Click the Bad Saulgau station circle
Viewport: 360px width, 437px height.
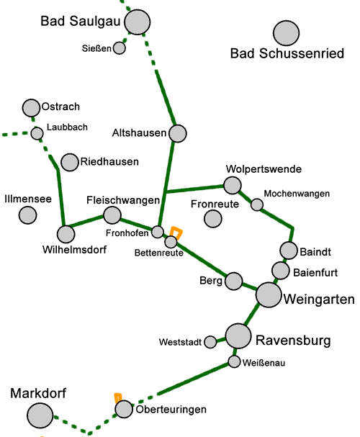(138, 22)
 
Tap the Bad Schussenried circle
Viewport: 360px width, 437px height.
(287, 33)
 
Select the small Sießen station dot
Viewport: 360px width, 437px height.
(120, 48)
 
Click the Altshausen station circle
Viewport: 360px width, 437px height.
(177, 133)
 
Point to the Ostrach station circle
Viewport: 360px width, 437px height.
(31, 108)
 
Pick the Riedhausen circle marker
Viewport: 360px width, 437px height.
(69, 162)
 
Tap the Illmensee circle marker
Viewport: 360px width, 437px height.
(27, 215)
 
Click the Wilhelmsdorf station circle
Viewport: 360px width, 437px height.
(66, 234)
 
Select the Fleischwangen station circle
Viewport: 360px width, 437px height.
(112, 215)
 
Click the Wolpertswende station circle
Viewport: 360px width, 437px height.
(232, 185)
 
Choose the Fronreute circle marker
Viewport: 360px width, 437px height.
(212, 219)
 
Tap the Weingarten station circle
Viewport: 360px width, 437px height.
(268, 294)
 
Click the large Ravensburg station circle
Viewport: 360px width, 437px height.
(238, 335)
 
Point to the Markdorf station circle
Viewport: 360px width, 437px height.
(40, 415)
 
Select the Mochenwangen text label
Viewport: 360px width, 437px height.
(297, 194)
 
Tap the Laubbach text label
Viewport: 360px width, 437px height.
(67, 127)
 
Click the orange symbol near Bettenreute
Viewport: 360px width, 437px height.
(176, 232)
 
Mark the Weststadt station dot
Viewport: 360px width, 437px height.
(210, 341)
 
